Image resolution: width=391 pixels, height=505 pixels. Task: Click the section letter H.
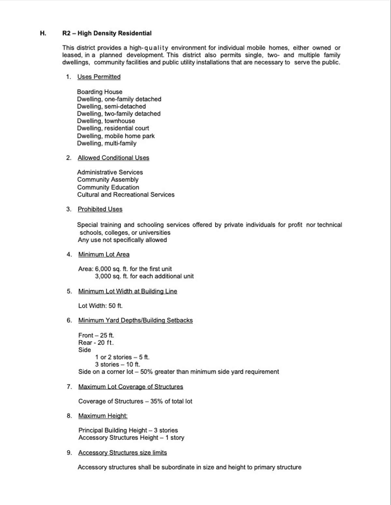pos(43,33)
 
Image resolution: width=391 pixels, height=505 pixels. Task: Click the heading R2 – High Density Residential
pos(107,33)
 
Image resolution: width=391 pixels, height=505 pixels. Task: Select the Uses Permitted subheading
pos(99,77)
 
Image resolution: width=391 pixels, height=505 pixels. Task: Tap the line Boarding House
pos(99,92)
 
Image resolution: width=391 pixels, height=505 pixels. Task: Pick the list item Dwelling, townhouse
pos(106,121)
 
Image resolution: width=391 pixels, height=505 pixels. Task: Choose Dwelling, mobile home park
pos(116,136)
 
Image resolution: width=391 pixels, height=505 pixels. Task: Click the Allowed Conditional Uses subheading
pos(113,158)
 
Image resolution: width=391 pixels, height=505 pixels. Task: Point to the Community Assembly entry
pos(108,180)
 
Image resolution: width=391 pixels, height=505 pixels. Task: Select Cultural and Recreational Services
pos(125,195)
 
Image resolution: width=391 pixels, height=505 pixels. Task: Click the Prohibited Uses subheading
pos(100,209)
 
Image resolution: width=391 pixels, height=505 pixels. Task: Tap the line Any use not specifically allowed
pos(122,240)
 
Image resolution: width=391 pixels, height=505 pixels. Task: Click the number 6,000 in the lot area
pos(103,269)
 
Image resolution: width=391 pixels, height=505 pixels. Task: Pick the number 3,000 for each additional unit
pos(103,276)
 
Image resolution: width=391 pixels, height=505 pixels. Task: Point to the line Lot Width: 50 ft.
pos(100,306)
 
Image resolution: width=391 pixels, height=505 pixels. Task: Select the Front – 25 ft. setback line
pos(96,335)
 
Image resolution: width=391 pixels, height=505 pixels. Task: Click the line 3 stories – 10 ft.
pos(117,364)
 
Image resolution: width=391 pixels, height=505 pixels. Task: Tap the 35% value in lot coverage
pos(156,401)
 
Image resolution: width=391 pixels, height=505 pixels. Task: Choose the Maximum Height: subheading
pos(103,416)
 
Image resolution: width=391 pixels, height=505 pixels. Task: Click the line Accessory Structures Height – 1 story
pos(131,438)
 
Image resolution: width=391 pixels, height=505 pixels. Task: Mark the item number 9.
pos(69,453)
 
